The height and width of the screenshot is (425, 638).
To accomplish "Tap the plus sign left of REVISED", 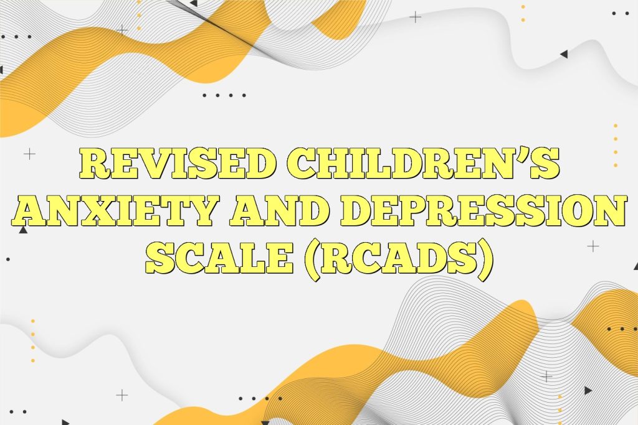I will [29, 153].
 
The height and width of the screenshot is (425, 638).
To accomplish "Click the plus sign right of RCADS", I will [593, 246].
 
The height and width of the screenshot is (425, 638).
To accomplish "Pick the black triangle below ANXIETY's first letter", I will [23, 230].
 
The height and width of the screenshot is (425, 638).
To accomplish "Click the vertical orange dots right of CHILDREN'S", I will [616, 146].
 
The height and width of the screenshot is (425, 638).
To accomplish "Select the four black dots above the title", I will [224, 95].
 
